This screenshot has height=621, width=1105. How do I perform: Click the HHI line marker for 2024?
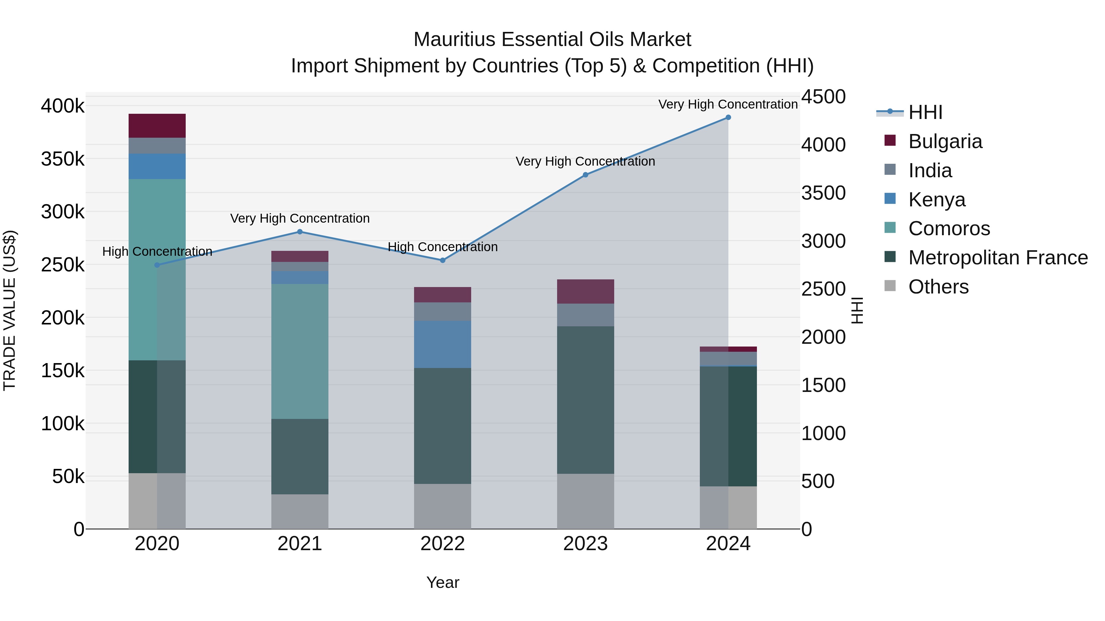tap(728, 117)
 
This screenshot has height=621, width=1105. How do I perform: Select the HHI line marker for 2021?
tap(300, 232)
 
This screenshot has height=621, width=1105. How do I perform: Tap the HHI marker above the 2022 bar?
tap(443, 260)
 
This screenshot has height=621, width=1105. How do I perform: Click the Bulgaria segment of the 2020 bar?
tap(157, 125)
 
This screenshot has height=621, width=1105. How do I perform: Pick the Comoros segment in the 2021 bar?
tap(300, 351)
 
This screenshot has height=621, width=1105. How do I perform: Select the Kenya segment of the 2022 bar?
tap(442, 344)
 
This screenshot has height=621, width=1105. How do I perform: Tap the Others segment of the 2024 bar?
tap(728, 508)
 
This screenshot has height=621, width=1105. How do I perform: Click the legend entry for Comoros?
tap(949, 228)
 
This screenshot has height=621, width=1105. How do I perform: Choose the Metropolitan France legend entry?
tap(998, 258)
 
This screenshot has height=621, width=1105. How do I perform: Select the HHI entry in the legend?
tap(925, 112)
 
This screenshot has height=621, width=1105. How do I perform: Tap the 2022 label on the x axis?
tap(442, 544)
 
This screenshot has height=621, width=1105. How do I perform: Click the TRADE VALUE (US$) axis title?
tap(10, 310)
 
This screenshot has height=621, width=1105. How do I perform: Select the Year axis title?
tap(442, 582)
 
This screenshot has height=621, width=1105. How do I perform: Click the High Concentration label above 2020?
tap(157, 251)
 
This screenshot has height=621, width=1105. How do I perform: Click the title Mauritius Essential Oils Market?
tap(552, 40)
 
